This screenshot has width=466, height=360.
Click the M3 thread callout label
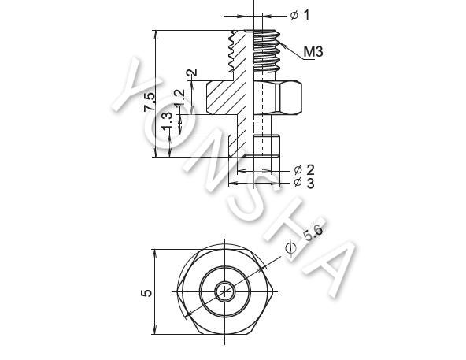(313, 52)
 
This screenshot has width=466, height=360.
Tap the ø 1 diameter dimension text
(300, 15)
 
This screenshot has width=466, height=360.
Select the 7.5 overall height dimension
(150, 102)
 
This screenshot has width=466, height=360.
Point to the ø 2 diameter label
(304, 170)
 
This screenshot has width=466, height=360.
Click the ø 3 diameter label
(304, 183)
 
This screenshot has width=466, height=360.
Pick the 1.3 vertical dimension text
(167, 121)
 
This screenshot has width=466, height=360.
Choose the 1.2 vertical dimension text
(179, 98)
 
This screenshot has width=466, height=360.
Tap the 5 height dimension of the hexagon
(146, 293)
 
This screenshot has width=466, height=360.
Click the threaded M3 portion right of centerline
(267, 51)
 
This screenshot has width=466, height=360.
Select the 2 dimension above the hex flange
(192, 73)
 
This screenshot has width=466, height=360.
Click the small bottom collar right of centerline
(267, 146)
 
